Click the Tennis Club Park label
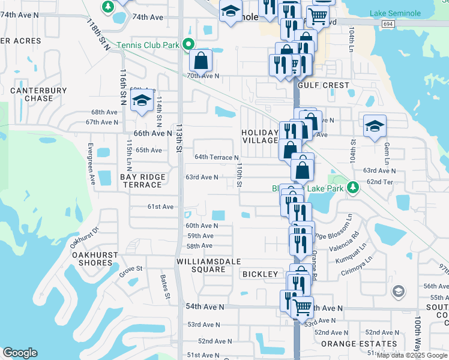149,44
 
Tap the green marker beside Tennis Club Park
188,44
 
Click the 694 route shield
387,22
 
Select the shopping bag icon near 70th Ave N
200,60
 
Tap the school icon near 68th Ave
141,100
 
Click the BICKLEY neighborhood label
260,274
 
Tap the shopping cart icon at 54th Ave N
303,307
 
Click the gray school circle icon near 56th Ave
397,292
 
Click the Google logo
20,353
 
